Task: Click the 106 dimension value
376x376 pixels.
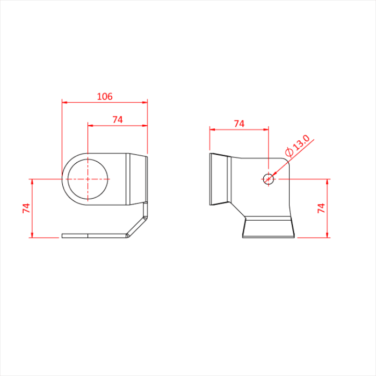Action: tap(104, 97)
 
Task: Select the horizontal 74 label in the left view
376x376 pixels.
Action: tap(118, 120)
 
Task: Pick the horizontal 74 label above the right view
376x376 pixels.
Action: tap(239, 124)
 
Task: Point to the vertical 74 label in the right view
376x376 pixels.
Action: tap(321, 208)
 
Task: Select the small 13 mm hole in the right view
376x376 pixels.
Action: tap(269, 179)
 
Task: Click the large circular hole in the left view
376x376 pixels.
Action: tap(87, 179)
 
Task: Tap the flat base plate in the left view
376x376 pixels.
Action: tap(94, 235)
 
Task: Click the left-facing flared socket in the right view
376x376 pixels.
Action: tap(219, 179)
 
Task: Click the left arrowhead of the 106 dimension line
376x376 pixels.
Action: tap(64, 102)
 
